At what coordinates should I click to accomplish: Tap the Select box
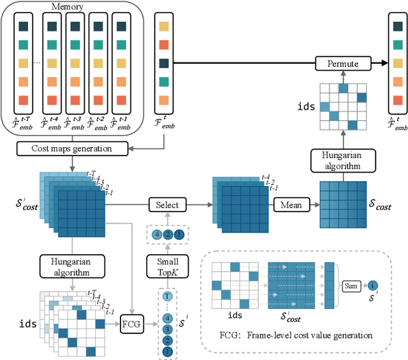click(x=168, y=205)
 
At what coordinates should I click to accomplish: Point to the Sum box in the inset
click(x=351, y=287)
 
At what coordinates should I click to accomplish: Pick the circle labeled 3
click(x=168, y=329)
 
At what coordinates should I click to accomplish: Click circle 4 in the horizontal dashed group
click(x=156, y=234)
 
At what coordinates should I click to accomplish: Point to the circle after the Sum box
click(x=374, y=287)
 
